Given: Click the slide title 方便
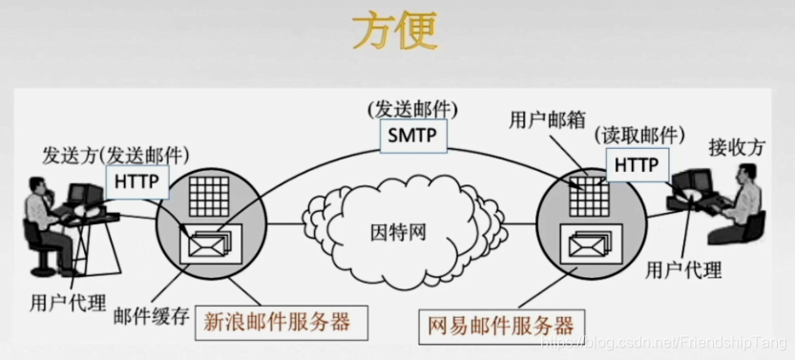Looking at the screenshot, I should tap(394, 31).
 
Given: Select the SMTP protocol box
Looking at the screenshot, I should tap(412, 136).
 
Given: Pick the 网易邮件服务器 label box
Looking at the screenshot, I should tap(499, 325).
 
